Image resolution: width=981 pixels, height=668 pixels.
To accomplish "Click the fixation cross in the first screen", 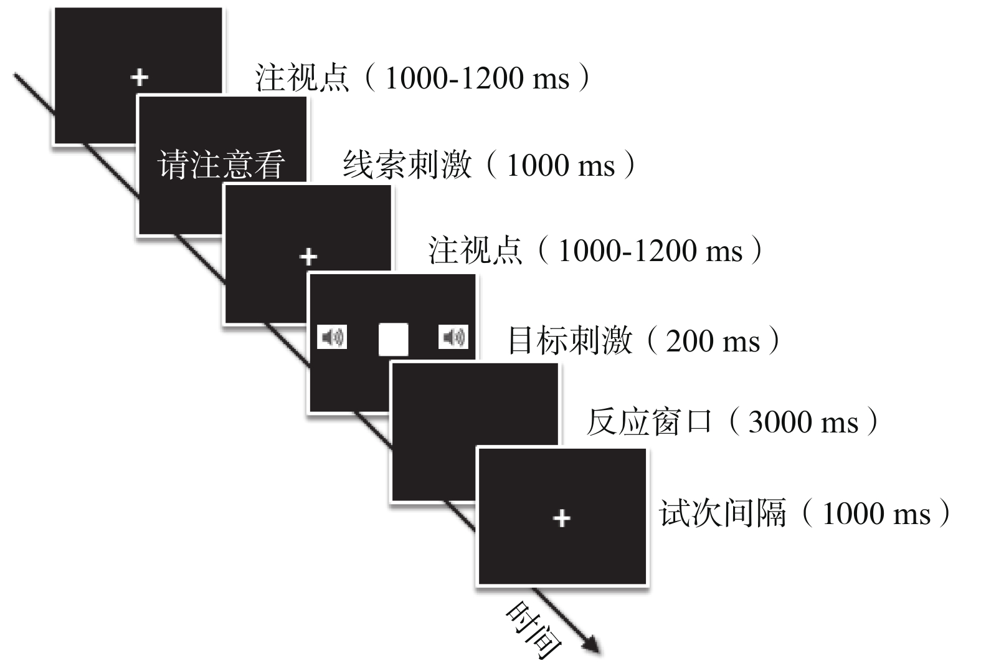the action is pos(140,77).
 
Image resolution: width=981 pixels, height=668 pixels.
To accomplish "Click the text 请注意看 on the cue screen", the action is pos(221,165).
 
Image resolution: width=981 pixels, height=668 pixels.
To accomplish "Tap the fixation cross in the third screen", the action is pos(308,256).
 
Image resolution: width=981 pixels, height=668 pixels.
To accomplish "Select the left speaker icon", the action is pos(332,337).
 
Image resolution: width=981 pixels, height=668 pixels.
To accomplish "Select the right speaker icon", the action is pos(453,337).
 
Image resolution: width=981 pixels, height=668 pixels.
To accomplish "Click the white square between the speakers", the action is pos(394,340).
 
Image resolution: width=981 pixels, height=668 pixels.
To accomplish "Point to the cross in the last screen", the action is pos(561,518).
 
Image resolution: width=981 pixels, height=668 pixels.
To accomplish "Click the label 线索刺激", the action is pos(407,165).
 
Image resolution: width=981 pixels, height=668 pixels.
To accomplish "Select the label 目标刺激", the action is pos(570,341).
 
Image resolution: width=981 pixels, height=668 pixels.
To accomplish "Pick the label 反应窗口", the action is pos(649,422).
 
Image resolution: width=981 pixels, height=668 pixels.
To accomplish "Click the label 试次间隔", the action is pos(723,514).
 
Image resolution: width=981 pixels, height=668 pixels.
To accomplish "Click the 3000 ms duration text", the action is pos(803,422).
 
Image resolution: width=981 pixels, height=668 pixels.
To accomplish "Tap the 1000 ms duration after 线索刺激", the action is pos(561,166).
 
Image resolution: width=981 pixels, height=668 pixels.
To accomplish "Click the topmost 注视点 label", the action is pos(302,79).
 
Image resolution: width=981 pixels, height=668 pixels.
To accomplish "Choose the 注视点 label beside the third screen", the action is pos(475,250).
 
